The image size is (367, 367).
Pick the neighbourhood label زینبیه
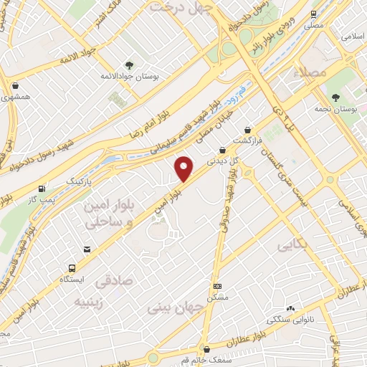pyautogui.click(x=93, y=302)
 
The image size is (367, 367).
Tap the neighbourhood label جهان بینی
pyautogui.click(x=175, y=309)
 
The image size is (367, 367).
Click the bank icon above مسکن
pyautogui.click(x=217, y=285)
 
